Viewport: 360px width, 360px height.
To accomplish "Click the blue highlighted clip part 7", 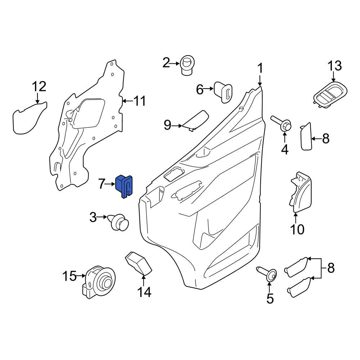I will point(123,186).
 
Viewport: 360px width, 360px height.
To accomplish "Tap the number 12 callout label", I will point(39,87).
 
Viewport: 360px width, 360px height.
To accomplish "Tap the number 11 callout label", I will point(138,101).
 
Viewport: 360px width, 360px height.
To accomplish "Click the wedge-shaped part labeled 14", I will point(139,264).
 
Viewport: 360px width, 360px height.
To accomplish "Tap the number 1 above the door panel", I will point(260,68).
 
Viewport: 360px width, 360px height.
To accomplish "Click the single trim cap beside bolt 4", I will point(306,136).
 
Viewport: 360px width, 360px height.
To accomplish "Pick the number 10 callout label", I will point(297,229).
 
